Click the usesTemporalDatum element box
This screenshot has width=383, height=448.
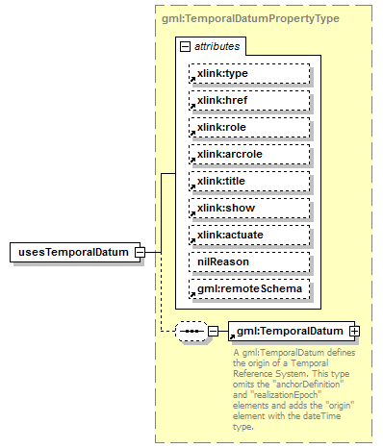tap(71, 252)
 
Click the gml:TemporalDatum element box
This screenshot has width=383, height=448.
tap(289, 332)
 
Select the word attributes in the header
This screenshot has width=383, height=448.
tap(217, 45)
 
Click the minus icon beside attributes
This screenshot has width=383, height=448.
tap(184, 45)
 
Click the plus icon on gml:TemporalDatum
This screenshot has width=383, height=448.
tap(355, 332)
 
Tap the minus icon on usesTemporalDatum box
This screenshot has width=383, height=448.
tap(140, 252)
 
